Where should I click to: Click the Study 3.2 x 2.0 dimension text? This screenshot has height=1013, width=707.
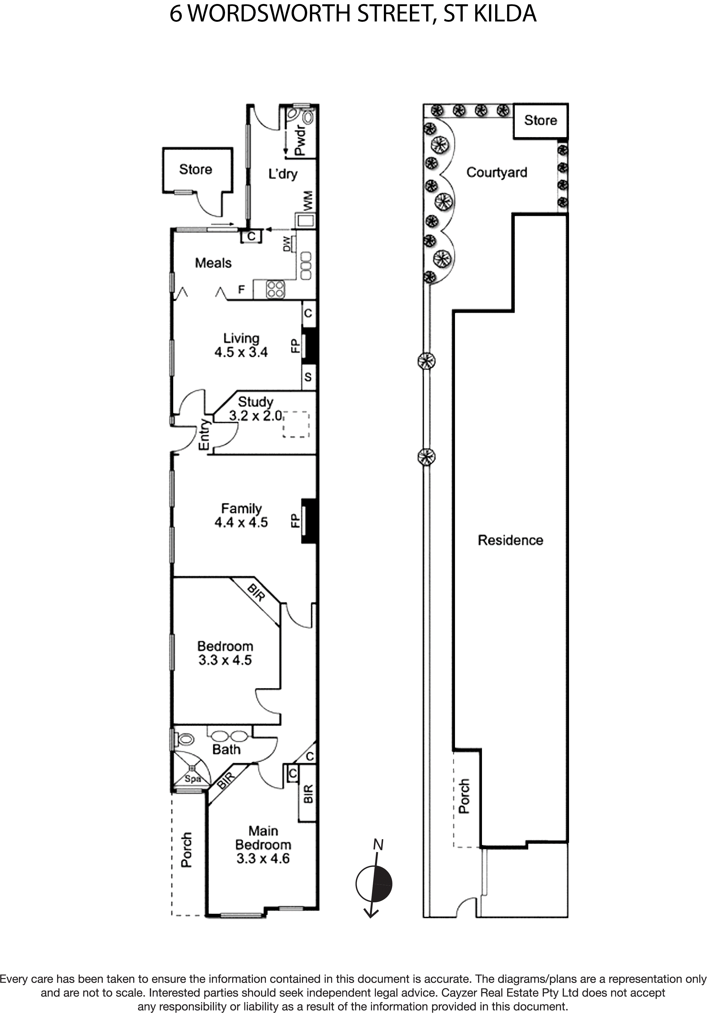pos(255,415)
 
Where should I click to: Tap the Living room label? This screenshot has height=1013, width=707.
pos(241,338)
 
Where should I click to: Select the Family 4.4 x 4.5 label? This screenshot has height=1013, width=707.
pos(241,515)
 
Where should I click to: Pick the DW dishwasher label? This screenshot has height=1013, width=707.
pos(287,244)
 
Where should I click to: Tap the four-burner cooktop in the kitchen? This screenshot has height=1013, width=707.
pos(275,289)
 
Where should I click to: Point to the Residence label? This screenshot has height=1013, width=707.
pos(510,540)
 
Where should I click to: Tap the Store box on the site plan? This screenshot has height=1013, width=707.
pos(540,120)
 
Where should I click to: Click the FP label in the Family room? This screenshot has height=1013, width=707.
pos(295,521)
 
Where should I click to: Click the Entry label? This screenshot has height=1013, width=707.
pos(204,434)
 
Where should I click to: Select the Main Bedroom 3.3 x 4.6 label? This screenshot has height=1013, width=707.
pos(263,844)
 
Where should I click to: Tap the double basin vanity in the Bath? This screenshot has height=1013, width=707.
pos(229,736)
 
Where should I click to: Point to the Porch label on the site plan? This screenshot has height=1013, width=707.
pos(464,796)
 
